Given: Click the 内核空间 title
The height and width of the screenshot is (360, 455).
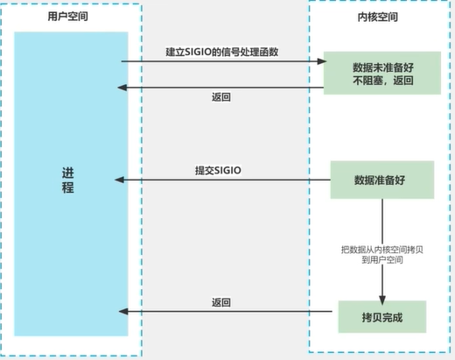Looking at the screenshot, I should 382,17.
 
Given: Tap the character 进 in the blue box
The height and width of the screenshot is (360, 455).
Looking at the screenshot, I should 68,171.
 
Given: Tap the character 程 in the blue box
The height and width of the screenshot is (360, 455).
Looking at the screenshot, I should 68,188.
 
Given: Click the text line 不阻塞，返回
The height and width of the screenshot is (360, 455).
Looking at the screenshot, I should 381,80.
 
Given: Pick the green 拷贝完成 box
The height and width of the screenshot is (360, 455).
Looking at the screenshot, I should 381,311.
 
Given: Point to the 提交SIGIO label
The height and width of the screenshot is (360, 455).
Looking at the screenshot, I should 219,169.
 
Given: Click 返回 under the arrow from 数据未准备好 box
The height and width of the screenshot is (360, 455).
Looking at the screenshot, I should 221,96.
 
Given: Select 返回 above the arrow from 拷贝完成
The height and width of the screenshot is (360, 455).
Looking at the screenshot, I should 221,301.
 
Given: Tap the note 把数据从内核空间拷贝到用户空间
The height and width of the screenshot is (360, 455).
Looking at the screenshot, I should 381,255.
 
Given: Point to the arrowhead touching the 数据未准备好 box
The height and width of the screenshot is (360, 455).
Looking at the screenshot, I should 321,62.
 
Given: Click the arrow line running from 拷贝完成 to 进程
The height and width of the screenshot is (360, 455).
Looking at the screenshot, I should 227,312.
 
